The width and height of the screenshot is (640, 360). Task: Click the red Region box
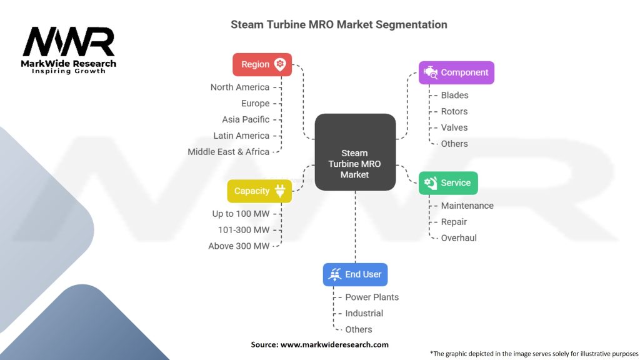click(262, 64)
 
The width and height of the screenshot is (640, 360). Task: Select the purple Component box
click(456, 72)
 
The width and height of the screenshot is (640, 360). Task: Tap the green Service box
click(448, 183)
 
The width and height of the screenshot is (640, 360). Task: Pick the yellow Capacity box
click(259, 191)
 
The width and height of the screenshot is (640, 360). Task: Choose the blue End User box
click(356, 274)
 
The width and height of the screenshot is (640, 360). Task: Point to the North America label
click(240, 87)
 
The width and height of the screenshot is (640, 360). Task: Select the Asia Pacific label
click(246, 119)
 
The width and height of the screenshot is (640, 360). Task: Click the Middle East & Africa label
click(229, 152)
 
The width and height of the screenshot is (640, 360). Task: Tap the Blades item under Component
click(454, 96)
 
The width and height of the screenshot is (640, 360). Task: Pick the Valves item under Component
click(454, 127)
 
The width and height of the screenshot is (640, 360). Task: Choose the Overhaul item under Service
click(459, 238)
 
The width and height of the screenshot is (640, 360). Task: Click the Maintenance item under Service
click(467, 206)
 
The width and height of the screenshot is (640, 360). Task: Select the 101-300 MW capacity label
click(244, 230)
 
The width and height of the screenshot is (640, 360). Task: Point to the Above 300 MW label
click(239, 246)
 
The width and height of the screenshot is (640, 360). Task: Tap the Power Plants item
click(372, 297)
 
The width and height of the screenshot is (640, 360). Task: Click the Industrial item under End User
click(364, 314)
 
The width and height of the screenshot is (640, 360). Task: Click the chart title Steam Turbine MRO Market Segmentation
click(339, 25)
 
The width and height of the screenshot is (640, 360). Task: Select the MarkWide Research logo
click(69, 50)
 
